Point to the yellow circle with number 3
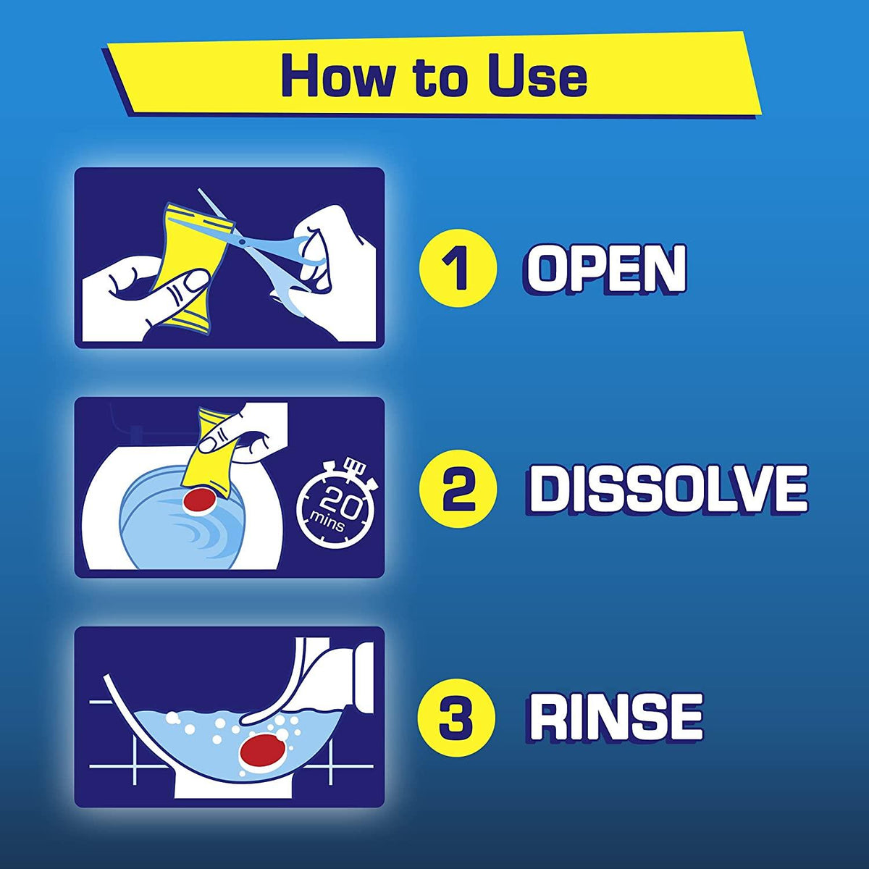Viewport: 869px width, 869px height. [458, 718]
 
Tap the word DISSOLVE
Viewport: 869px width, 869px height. [668, 490]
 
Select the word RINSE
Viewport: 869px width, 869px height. [616, 717]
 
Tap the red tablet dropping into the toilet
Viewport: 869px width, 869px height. [201, 500]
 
